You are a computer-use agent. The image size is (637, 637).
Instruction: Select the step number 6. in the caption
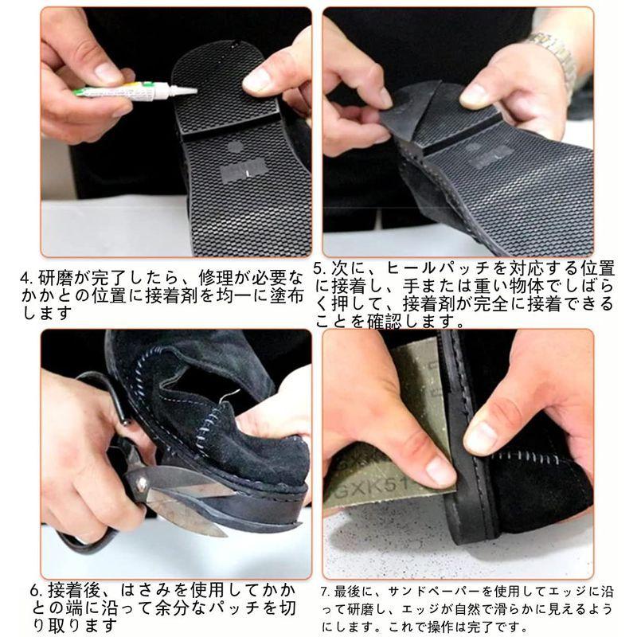[37, 592]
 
